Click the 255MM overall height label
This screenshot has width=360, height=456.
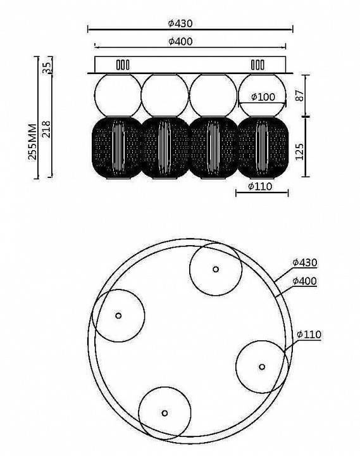[x=32, y=142]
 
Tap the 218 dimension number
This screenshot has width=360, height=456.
[x=46, y=129]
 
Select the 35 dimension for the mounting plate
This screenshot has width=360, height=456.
[x=46, y=68]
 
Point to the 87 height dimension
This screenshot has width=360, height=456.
[x=299, y=96]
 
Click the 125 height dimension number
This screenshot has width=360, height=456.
[x=299, y=151]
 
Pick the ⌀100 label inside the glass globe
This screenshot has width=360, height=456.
[x=263, y=97]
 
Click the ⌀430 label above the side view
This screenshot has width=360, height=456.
[x=180, y=23]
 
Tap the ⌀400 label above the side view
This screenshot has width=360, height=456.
[x=180, y=41]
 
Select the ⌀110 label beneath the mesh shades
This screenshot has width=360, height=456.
[x=260, y=186]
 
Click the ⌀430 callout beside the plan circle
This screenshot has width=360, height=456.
[x=304, y=262]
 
